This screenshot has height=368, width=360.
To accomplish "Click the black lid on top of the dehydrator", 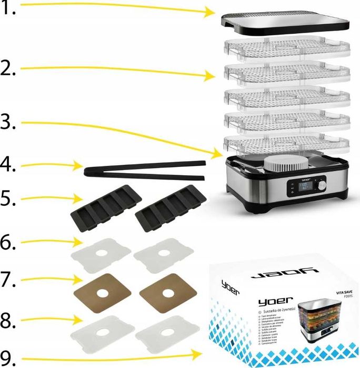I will point(285,21).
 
